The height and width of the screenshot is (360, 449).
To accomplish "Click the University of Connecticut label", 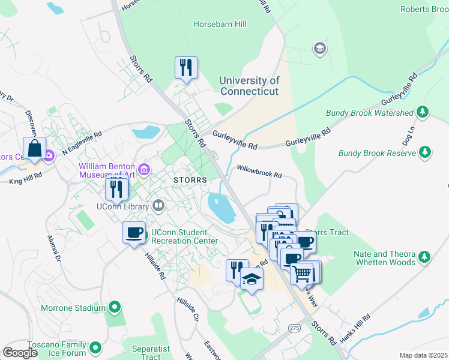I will [x=249, y=86].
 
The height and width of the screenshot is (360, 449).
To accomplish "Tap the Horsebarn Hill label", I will [x=220, y=25].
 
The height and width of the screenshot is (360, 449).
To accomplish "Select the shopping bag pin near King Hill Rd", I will [x=35, y=148].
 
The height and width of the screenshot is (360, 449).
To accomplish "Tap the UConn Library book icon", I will [x=158, y=206].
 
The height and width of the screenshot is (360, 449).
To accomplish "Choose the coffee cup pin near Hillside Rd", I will [x=134, y=232].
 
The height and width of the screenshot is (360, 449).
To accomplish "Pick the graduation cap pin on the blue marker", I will [x=252, y=279].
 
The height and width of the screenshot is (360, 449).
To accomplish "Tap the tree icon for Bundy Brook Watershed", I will [x=423, y=112].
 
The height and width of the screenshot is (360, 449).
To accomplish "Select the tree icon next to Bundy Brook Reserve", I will [x=425, y=153].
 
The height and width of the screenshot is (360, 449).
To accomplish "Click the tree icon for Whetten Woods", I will [x=424, y=257].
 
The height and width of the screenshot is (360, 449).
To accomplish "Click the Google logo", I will [x=20, y=353].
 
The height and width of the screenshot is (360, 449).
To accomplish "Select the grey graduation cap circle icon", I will [x=319, y=48].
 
